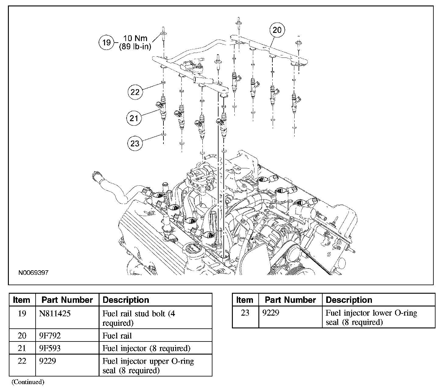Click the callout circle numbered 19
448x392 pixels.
[x=106, y=42]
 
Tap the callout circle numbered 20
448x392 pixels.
[x=277, y=30]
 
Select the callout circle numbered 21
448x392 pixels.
[x=134, y=118]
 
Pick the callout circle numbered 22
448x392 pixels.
[x=135, y=92]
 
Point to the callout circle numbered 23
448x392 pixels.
[x=135, y=143]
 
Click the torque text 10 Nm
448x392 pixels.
[x=135, y=38]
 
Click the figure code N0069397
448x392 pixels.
[x=33, y=273]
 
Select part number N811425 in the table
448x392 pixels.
[x=55, y=313]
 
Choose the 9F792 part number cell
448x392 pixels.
[x=50, y=336]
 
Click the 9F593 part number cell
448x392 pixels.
[x=50, y=348]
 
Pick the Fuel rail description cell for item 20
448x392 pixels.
[x=117, y=336]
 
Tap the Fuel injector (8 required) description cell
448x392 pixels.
[x=146, y=348]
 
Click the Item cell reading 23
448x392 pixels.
[x=245, y=313]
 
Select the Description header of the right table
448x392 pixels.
[x=349, y=300]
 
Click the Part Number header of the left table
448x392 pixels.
[x=67, y=300]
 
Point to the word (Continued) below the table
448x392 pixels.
[x=28, y=382]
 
